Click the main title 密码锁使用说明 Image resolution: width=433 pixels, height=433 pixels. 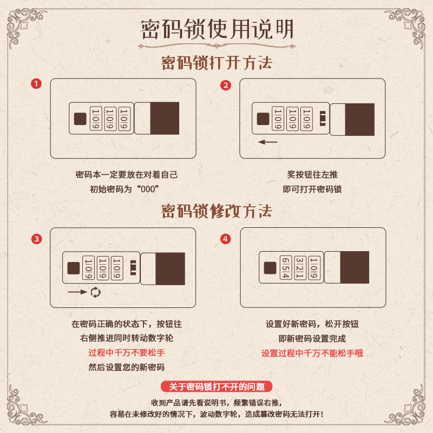click(x=216, y=29)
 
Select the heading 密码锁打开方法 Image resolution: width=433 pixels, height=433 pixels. click(x=216, y=63)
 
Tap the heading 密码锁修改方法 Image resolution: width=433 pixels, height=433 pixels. click(x=216, y=211)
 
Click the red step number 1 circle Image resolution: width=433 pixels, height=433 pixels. click(x=36, y=84)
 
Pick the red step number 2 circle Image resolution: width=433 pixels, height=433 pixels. click(x=226, y=85)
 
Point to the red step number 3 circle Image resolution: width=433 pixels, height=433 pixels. click(x=36, y=239)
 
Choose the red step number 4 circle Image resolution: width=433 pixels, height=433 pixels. click(x=226, y=239)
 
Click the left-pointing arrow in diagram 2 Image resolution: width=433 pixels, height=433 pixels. click(x=267, y=142)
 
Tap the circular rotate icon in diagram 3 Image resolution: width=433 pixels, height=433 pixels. click(x=95, y=292)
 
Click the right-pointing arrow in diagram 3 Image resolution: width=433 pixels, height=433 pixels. click(x=77, y=292)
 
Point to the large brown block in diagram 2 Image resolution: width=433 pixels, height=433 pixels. click(x=359, y=119)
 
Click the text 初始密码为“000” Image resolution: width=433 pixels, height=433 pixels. click(x=126, y=189)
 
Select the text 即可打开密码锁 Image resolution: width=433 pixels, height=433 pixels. click(x=312, y=189)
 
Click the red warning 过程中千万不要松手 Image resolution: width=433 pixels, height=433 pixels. click(x=126, y=353)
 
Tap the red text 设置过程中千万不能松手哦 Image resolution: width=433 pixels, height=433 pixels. click(x=312, y=353)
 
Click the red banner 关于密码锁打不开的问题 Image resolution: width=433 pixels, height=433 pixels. click(x=216, y=386)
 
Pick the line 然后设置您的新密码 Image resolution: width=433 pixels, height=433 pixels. click(x=126, y=367)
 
